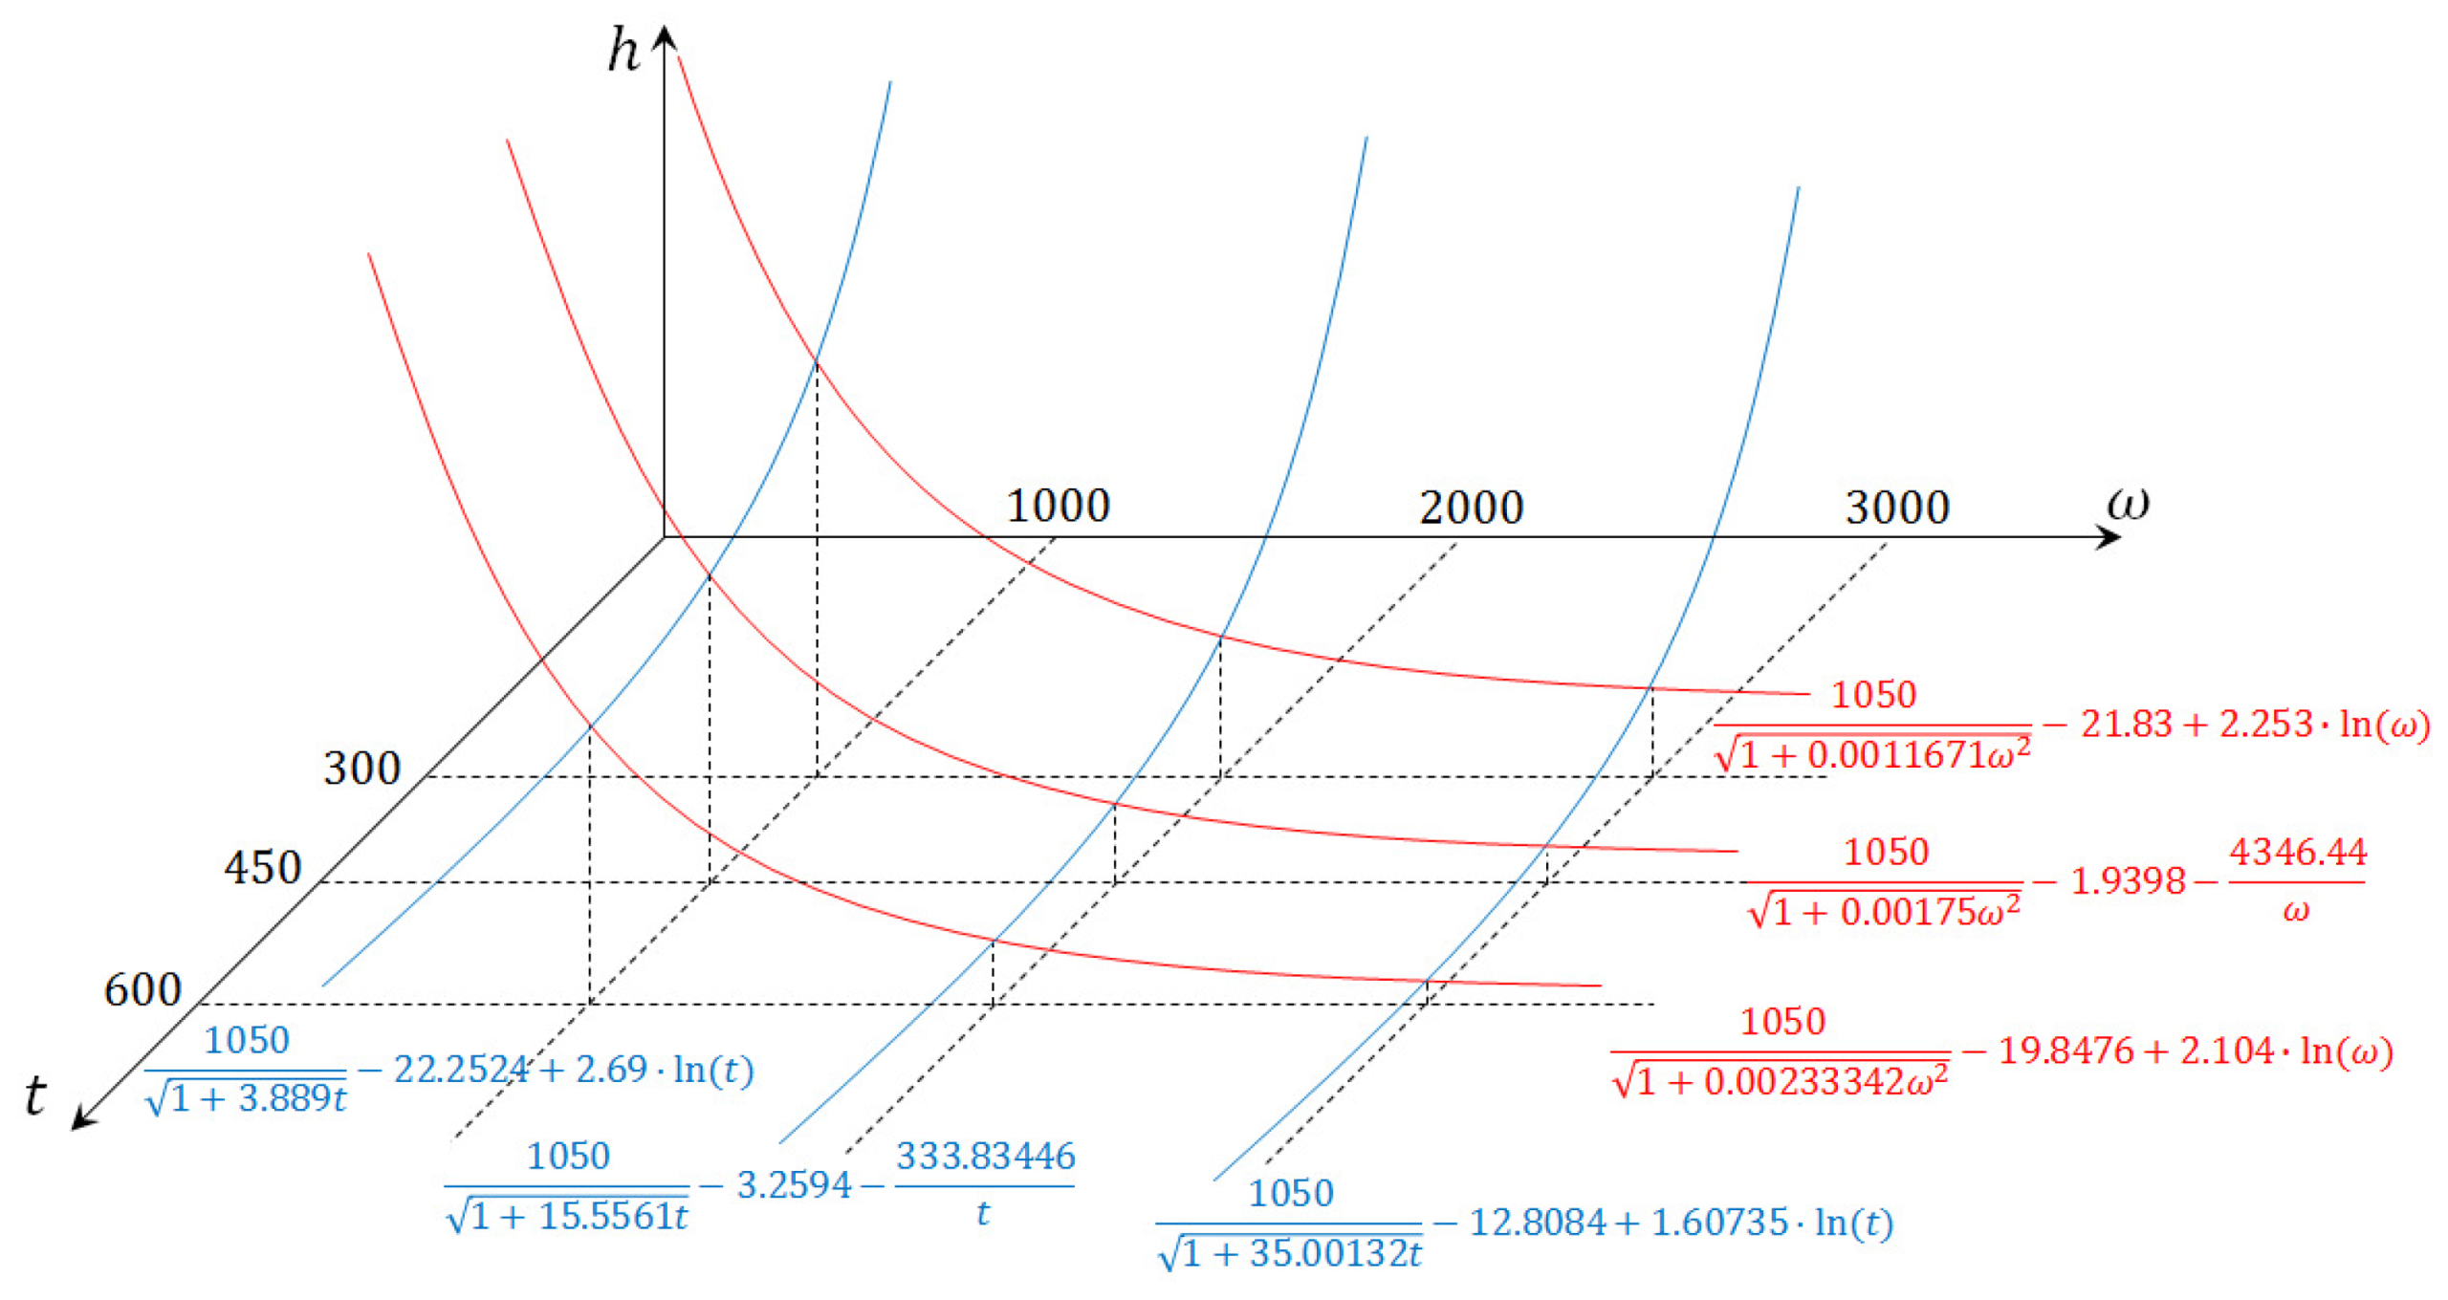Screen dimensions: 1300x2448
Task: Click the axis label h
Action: [623, 50]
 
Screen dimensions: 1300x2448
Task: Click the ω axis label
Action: [2128, 502]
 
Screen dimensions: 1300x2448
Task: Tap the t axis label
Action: [35, 1094]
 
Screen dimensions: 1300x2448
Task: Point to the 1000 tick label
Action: [1059, 506]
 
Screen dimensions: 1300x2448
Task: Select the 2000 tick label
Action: [1471, 508]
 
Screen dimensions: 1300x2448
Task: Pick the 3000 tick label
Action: [1897, 508]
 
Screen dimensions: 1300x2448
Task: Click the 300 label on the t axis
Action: [361, 769]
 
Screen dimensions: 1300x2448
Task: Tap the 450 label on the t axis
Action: [263, 868]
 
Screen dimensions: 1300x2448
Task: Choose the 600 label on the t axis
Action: [142, 990]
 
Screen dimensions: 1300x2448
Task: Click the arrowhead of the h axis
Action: [665, 36]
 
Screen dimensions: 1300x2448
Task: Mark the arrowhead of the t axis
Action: [83, 1118]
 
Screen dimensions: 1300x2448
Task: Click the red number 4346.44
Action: [2297, 852]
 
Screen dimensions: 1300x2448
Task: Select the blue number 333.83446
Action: [985, 1157]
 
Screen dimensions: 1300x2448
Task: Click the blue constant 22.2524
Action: [461, 1070]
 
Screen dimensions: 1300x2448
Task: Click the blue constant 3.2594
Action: [794, 1186]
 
